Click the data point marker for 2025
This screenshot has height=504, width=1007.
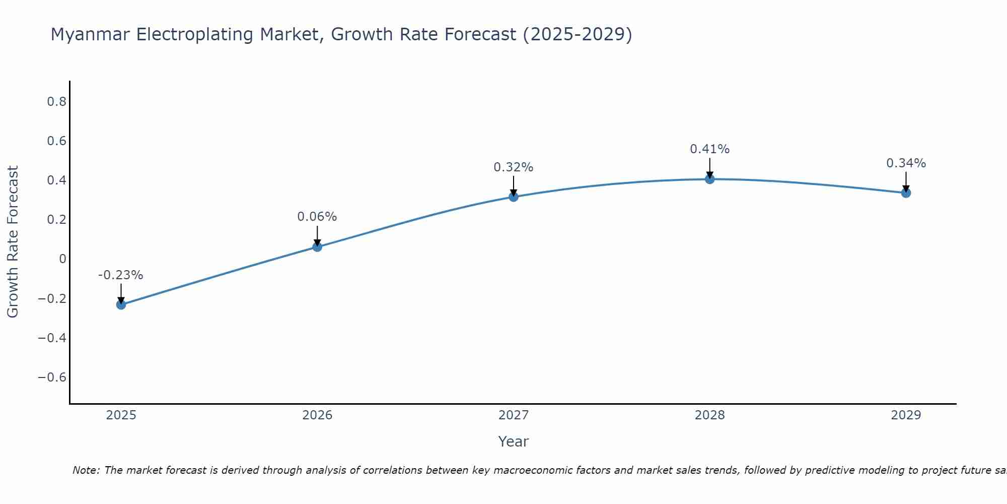point(121,304)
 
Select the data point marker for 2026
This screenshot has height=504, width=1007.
point(317,246)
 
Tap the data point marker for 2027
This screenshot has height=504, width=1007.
point(514,197)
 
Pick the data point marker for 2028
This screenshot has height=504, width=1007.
point(710,179)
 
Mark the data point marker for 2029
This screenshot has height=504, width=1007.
point(906,193)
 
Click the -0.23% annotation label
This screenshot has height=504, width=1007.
point(121,275)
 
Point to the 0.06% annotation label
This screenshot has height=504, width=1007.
point(317,217)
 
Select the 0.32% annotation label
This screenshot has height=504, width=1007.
point(514,167)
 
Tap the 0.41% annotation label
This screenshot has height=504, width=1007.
point(710,149)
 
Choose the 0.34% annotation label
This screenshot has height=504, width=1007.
point(906,163)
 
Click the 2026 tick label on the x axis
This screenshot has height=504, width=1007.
point(317,415)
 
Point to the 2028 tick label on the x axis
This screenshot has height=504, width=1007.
point(710,415)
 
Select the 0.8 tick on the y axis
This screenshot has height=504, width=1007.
point(57,102)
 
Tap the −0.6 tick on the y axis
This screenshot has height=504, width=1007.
point(52,377)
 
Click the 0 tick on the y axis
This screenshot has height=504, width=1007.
point(62,259)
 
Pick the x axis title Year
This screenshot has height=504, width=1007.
point(514,442)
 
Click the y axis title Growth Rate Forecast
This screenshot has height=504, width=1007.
point(13,242)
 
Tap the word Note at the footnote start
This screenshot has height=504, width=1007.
point(86,470)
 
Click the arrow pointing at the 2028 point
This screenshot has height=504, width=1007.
point(710,167)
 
